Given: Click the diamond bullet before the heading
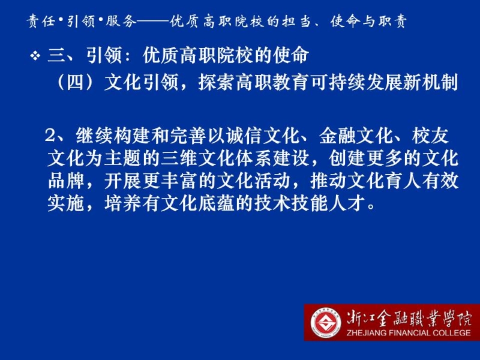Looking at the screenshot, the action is (x=35, y=56).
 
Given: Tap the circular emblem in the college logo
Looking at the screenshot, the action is (x=326, y=323).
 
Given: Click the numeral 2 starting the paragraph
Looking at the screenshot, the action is (x=50, y=136).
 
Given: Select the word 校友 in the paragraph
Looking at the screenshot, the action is (x=430, y=136).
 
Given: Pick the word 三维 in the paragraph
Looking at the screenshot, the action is (x=179, y=158).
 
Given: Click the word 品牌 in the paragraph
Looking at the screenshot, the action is (x=66, y=181).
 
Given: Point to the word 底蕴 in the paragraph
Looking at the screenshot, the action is (x=217, y=203).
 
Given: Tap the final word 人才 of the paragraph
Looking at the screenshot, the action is (x=347, y=203).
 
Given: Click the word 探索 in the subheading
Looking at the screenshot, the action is (x=217, y=82).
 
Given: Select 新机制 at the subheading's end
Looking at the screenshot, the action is (x=431, y=82).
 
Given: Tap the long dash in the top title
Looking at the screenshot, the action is (x=152, y=22).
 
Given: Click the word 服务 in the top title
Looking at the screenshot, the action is (x=121, y=22).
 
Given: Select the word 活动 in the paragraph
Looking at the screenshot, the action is (x=274, y=181).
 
